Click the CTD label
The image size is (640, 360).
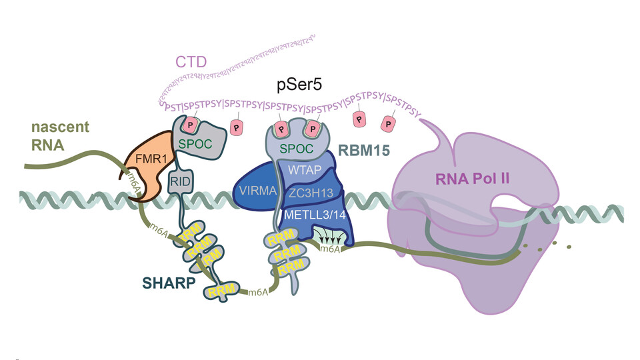tap(191, 62)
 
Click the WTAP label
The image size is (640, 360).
tap(303, 171)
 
